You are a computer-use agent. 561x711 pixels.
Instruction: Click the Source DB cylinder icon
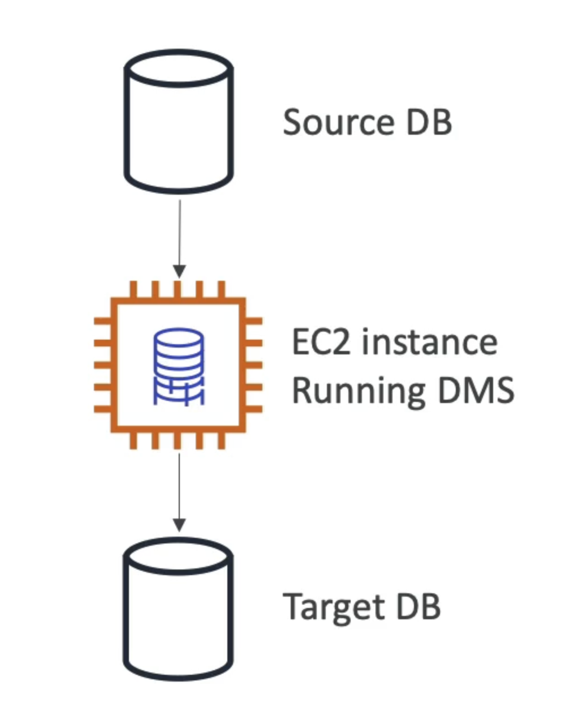tap(178, 122)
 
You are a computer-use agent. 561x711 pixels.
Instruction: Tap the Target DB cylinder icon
tap(178, 609)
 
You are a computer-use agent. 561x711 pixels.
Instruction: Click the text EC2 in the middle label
tap(320, 342)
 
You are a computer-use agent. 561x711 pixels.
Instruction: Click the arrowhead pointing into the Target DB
tap(179, 526)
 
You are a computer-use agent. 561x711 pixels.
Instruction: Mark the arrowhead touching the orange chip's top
tap(179, 272)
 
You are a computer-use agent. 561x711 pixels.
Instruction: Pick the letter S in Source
tap(294, 122)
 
